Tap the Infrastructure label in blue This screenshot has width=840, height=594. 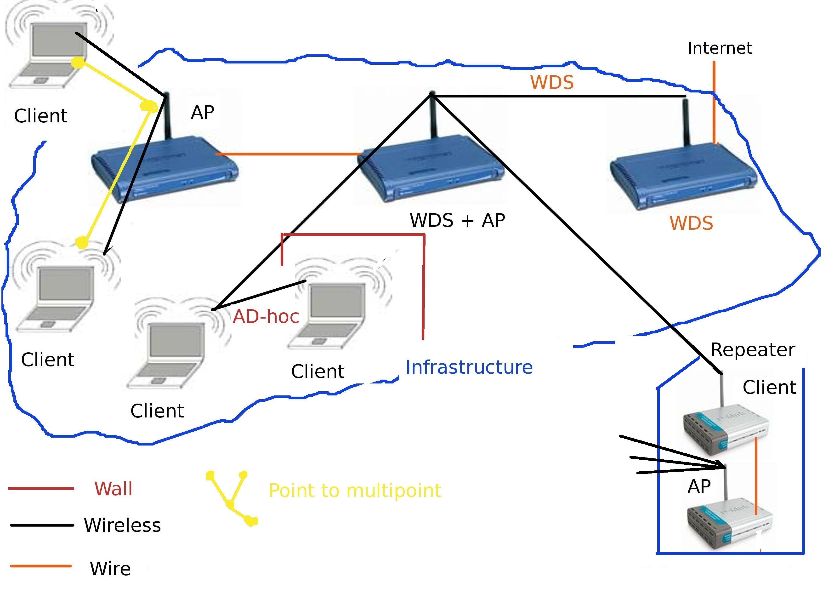[x=469, y=367]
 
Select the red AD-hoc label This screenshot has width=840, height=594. [x=266, y=317]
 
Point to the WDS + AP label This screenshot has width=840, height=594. [x=457, y=220]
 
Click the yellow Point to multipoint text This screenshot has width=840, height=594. [x=355, y=491]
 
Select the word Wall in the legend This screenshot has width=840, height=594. [x=113, y=489]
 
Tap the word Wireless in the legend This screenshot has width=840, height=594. [x=122, y=525]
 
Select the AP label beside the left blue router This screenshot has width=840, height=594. [x=202, y=112]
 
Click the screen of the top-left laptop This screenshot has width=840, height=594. [x=58, y=40]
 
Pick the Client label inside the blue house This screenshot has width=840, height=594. [x=769, y=387]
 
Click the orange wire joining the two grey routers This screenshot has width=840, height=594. [x=756, y=476]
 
